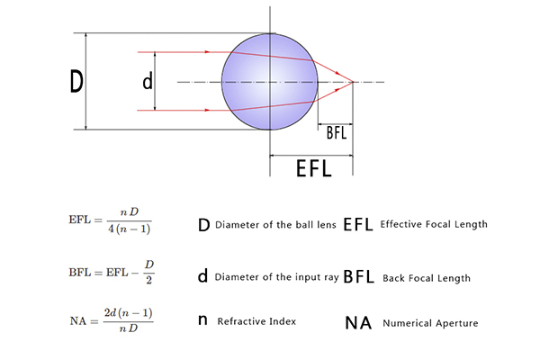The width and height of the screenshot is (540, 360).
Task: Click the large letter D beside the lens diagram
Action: pos(76,81)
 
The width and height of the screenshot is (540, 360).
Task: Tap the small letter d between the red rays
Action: pos(148,82)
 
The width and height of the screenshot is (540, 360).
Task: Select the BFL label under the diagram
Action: pos(336,133)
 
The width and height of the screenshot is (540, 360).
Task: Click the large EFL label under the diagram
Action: pos(314,169)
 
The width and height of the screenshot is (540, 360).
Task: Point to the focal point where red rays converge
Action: pos(353,82)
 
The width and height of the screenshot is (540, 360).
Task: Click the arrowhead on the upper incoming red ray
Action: pos(207,52)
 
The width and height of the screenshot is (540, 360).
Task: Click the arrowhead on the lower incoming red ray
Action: pos(207,110)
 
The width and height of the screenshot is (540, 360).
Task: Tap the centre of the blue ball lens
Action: pos(270,82)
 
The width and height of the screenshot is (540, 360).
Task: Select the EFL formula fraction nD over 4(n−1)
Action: pos(129,220)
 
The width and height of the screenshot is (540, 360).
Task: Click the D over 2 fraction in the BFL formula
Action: pos(148,273)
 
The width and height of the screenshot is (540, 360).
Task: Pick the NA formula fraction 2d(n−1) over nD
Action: pos(129,320)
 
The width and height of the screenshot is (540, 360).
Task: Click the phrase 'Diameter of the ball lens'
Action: pos(275,225)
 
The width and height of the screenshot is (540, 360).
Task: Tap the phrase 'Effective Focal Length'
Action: pos(434,224)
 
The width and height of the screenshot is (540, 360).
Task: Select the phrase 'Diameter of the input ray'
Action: pos(276,277)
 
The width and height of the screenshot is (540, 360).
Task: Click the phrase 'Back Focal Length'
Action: pos(427,278)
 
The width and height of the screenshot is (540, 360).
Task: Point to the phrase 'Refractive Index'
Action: pos(256,321)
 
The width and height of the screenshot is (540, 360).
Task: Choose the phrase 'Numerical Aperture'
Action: pos(430,323)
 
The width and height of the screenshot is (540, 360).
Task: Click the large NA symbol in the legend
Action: pos(358,323)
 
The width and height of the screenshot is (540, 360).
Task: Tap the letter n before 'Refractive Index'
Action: pos(202,320)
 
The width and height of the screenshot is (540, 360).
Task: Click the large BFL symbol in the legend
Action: pos(358,276)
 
